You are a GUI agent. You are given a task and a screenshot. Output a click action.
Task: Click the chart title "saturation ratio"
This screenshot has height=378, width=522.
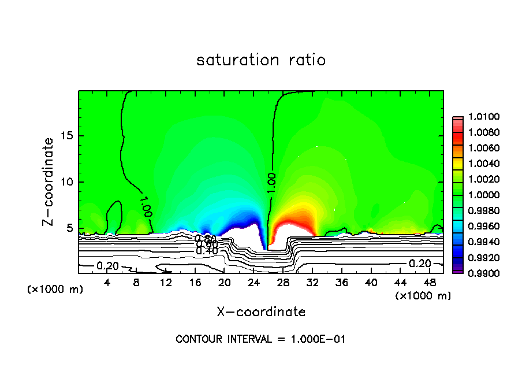261,60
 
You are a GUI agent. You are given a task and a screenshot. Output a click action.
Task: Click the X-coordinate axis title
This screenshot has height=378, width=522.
261,312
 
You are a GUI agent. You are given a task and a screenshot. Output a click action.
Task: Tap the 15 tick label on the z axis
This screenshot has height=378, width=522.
68,136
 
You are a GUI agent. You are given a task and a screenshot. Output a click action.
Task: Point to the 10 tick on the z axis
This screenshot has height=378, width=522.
68,182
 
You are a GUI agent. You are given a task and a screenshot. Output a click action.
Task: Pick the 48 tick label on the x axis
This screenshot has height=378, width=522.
430,283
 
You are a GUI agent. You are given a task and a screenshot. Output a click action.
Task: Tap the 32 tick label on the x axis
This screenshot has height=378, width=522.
312,283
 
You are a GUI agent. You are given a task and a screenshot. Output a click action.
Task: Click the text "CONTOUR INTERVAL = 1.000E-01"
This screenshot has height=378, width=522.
260,339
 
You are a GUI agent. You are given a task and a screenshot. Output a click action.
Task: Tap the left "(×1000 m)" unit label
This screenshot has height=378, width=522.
55,289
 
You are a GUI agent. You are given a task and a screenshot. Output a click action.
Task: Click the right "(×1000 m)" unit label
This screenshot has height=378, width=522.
423,295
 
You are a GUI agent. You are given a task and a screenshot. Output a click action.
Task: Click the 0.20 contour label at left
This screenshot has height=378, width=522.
107,265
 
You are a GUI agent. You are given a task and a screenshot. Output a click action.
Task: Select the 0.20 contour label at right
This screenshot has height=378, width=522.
420,264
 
